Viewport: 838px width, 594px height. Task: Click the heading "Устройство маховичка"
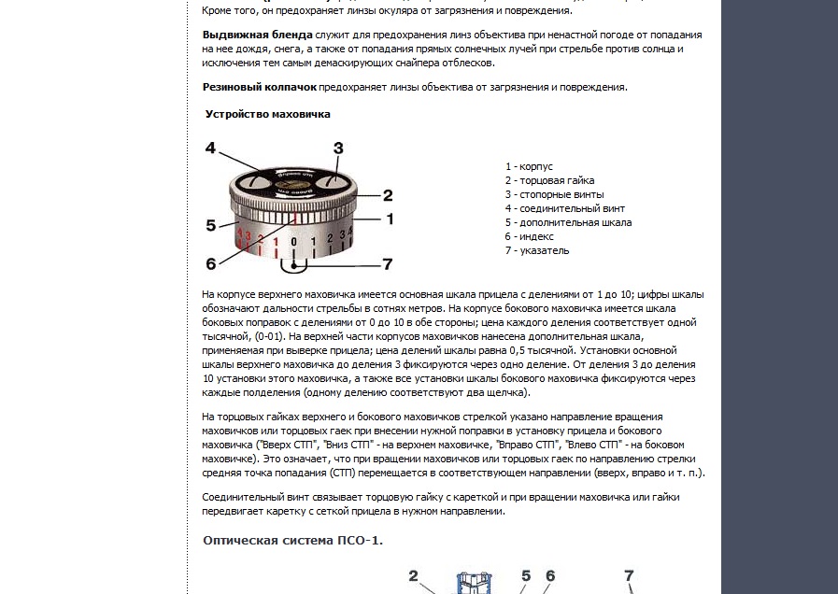tap(268, 114)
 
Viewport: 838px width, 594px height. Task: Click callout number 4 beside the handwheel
tap(211, 148)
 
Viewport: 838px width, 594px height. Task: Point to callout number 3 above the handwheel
tap(338, 148)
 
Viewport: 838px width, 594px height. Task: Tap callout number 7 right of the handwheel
tap(387, 263)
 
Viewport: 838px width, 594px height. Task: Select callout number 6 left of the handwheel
tap(211, 263)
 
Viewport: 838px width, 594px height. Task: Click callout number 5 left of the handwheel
tap(211, 225)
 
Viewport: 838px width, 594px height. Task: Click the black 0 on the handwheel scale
tap(293, 242)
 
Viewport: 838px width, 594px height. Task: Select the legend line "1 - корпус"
tap(529, 166)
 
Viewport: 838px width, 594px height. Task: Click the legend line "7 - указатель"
tap(537, 250)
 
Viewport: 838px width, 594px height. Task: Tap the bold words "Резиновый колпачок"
tap(259, 87)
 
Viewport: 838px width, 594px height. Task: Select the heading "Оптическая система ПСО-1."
tap(292, 541)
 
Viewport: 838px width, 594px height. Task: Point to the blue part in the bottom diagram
tap(474, 583)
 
